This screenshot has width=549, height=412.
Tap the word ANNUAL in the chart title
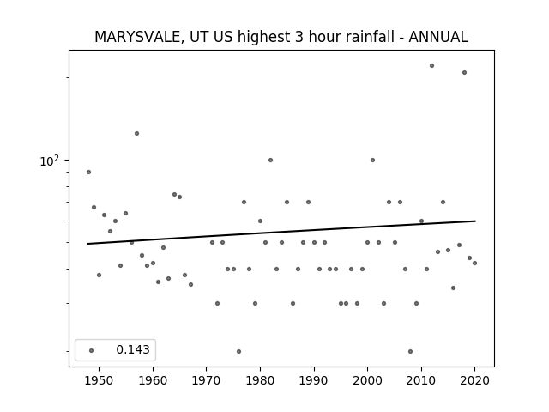pyautogui.click(x=438, y=37)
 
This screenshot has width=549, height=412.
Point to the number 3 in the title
pyautogui.click(x=299, y=37)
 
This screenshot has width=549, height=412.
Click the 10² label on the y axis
pyautogui.click(x=49, y=161)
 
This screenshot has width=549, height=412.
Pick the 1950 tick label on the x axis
pyautogui.click(x=99, y=380)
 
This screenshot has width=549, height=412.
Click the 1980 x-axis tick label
pyautogui.click(x=260, y=380)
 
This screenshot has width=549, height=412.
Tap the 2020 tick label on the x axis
pyautogui.click(x=474, y=380)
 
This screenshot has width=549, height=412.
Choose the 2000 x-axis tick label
pyautogui.click(x=367, y=380)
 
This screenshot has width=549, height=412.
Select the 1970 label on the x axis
pyautogui.click(x=206, y=380)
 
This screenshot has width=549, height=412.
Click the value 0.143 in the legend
pyautogui.click(x=133, y=349)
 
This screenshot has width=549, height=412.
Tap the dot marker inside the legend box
pyautogui.click(x=92, y=350)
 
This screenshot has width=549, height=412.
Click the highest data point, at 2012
pyautogui.click(x=431, y=65)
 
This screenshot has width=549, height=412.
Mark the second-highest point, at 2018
pyautogui.click(x=464, y=72)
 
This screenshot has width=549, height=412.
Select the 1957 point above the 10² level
pyautogui.click(x=136, y=134)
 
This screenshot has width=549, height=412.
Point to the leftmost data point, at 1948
pyautogui.click(x=88, y=172)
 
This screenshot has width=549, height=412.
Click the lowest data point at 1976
pyautogui.click(x=238, y=351)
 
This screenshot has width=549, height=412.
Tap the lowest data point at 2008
pyautogui.click(x=410, y=351)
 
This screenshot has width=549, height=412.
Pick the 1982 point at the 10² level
pyautogui.click(x=271, y=161)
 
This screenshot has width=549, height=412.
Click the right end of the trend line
pyautogui.click(x=475, y=221)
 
